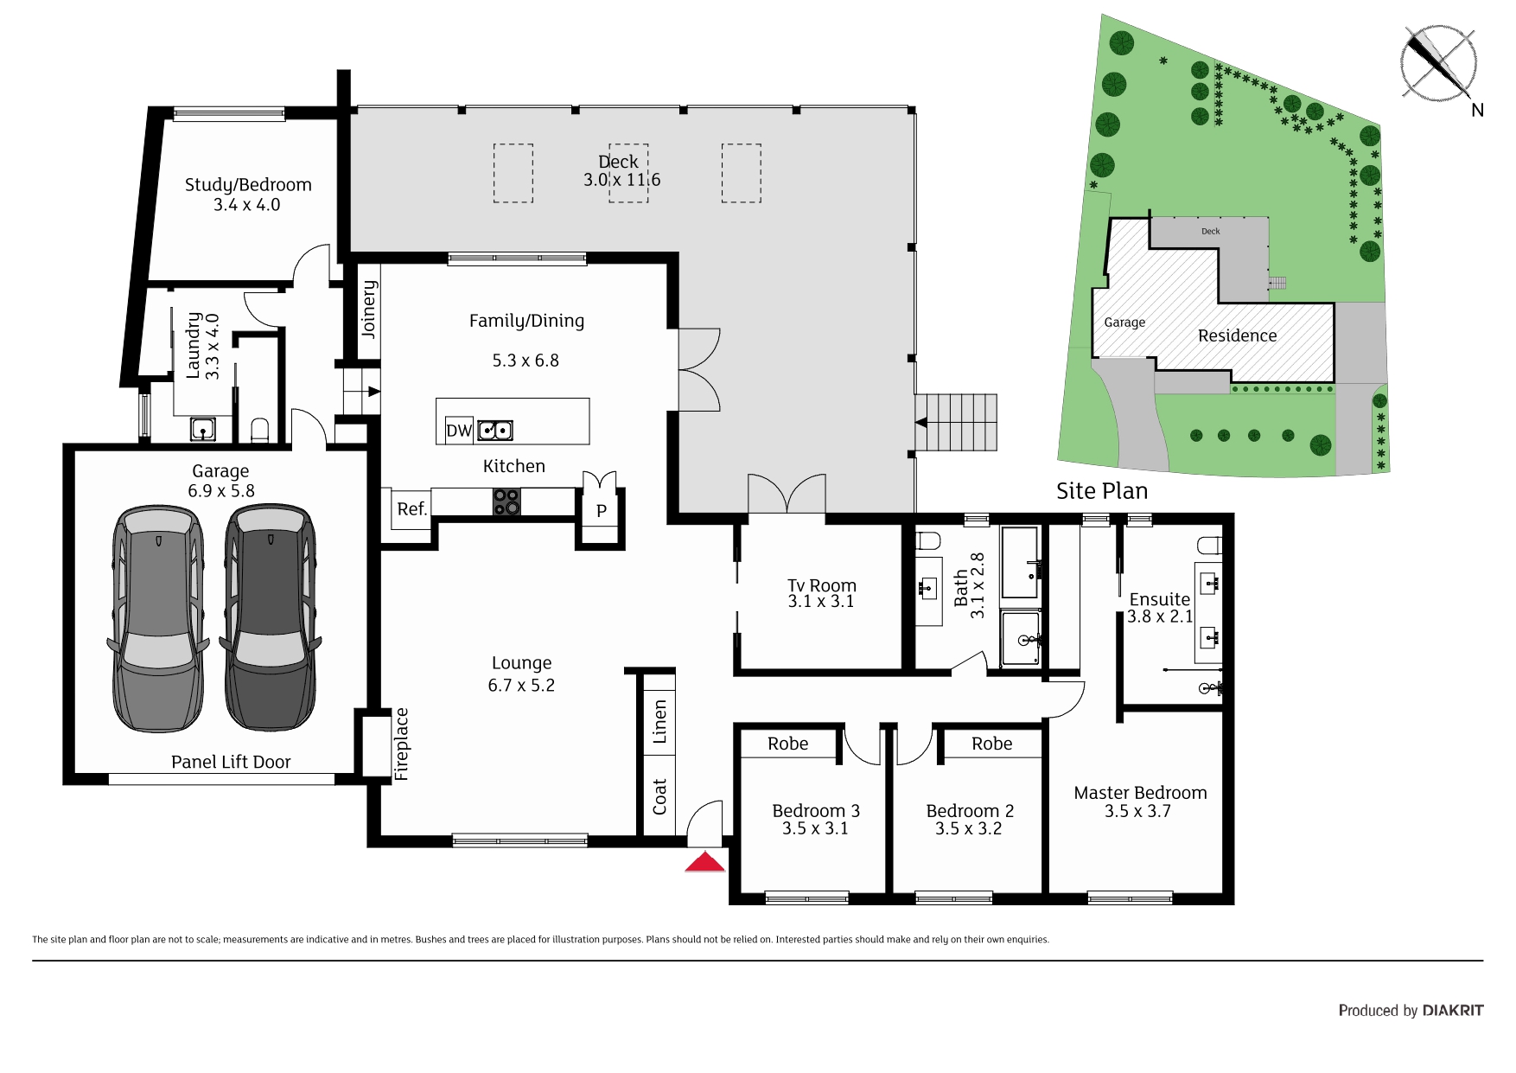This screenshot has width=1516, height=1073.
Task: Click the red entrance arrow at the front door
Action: click(705, 862)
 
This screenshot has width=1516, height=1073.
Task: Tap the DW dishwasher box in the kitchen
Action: click(459, 430)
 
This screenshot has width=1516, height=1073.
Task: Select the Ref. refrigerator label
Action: click(412, 508)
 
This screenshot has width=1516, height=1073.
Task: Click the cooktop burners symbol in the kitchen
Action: click(506, 501)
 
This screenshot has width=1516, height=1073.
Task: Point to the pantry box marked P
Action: click(602, 510)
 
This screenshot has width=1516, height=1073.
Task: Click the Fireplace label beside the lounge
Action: click(401, 744)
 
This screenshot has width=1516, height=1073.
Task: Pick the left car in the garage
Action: click(158, 617)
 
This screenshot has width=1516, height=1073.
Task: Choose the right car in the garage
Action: click(270, 617)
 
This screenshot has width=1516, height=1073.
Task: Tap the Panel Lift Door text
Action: click(231, 762)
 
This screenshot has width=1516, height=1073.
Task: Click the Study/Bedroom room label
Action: click(248, 185)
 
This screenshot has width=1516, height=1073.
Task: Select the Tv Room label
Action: click(821, 585)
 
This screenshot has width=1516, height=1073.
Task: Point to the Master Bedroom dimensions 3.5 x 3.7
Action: click(1137, 811)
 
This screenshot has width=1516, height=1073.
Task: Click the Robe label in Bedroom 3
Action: click(787, 744)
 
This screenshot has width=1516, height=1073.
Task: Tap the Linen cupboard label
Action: click(659, 722)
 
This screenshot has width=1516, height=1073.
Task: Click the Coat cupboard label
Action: click(659, 796)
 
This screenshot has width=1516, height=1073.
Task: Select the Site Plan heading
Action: click(1102, 491)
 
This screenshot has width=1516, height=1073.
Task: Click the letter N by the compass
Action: click(1477, 110)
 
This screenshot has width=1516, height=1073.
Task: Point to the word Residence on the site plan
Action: click(1237, 335)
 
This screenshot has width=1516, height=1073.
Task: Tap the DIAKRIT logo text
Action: click(1453, 1010)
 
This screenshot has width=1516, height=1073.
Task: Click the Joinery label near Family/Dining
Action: click(369, 309)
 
